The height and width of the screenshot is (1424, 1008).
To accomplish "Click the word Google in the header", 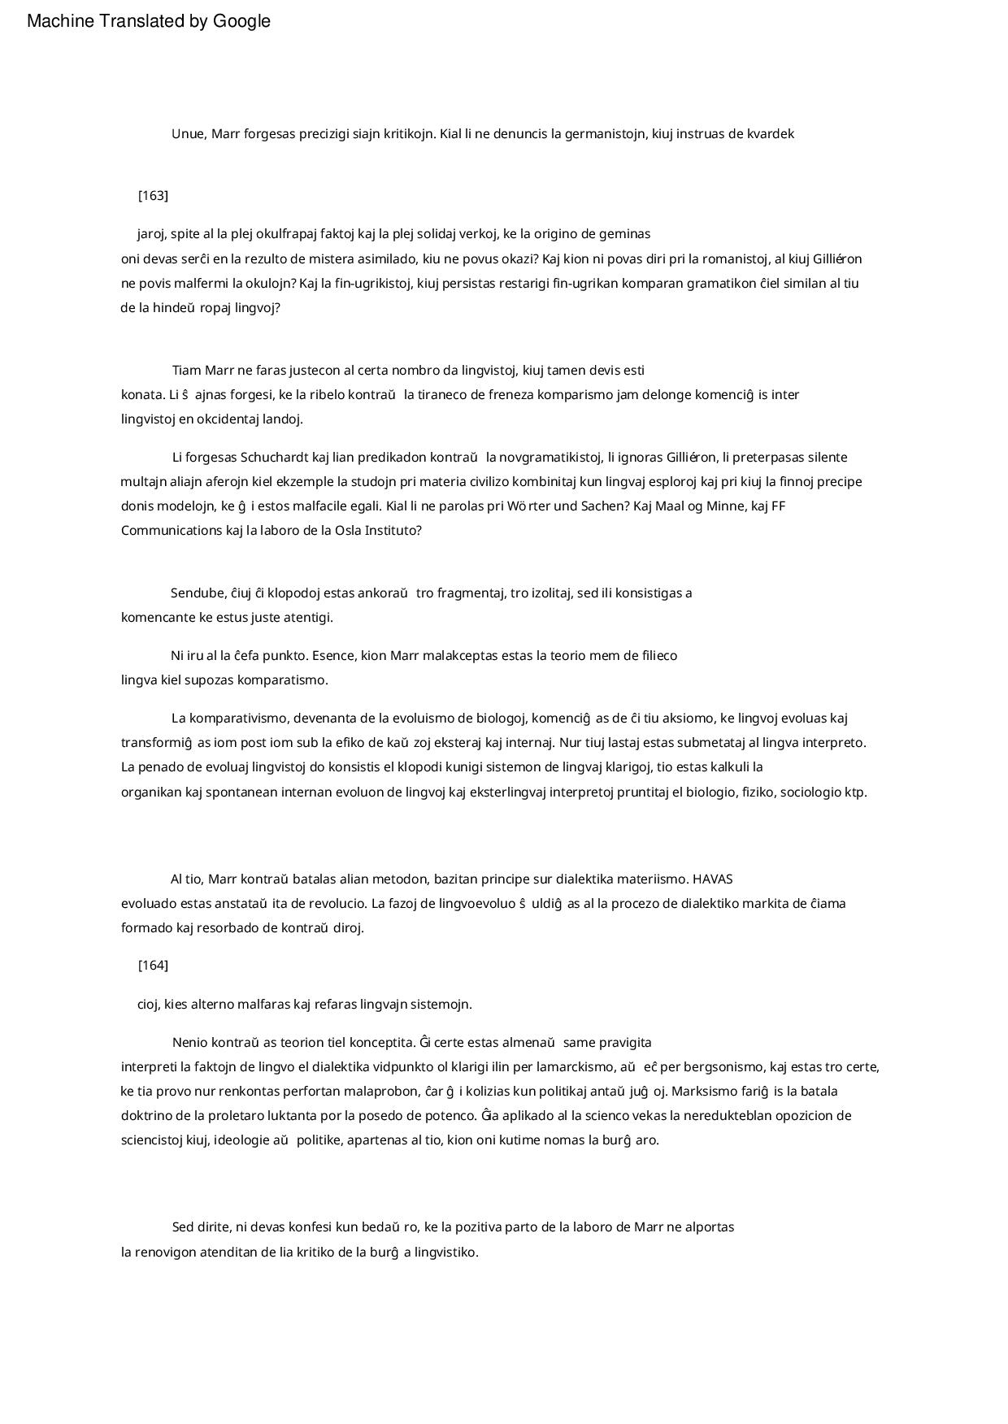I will [241, 22].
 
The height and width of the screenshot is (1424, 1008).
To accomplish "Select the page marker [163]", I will [153, 196].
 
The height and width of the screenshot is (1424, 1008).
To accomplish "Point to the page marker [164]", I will [153, 966].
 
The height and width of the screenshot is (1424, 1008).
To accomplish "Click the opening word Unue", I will [189, 134].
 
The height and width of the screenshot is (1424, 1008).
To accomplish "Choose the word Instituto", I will [393, 531].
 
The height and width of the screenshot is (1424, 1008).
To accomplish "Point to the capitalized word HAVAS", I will [713, 879].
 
